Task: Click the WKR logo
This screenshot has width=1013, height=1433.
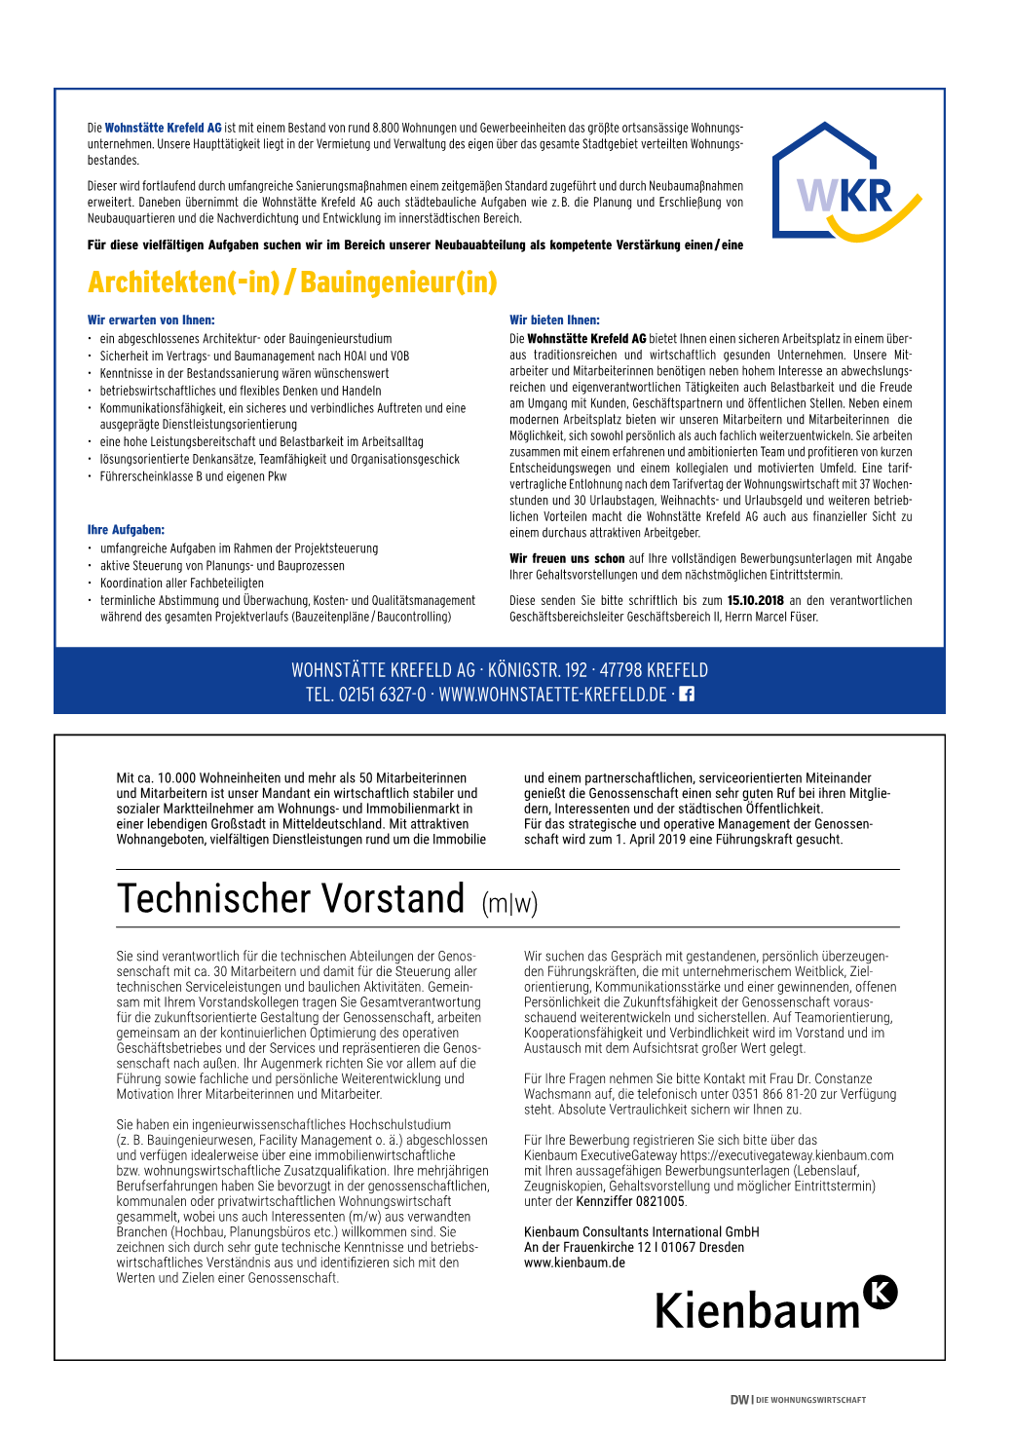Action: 845,184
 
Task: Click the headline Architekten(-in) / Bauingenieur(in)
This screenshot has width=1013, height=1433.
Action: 292,283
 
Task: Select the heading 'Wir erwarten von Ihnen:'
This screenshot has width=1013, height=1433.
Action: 151,320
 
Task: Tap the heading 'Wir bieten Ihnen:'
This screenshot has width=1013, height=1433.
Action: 554,320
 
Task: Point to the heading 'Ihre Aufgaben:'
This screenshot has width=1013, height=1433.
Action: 126,530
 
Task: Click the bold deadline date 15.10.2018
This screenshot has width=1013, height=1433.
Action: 755,601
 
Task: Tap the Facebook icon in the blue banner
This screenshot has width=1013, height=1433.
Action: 687,695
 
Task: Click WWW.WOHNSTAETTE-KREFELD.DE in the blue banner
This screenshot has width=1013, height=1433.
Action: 552,695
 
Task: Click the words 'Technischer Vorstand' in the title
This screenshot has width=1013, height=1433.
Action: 290,899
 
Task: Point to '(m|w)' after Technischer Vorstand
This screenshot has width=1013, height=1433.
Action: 509,904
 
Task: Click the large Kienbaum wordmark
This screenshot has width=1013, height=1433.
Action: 757,1311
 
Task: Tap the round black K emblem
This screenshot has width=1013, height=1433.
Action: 881,1292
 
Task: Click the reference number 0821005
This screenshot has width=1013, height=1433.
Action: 660,1201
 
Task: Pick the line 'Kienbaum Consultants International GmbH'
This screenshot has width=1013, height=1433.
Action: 641,1232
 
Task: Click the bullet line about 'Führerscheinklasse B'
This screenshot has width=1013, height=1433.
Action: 193,476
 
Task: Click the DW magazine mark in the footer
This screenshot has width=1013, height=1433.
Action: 740,1400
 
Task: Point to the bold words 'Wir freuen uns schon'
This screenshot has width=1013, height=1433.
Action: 567,559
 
